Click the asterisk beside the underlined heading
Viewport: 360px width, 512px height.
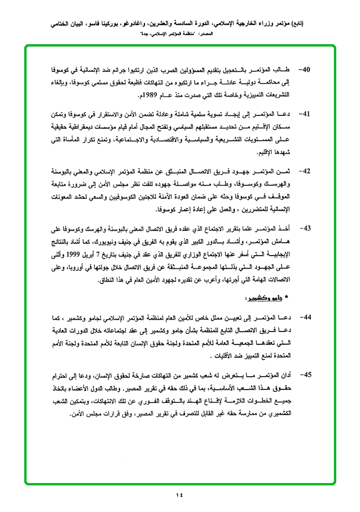pos(286,298)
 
